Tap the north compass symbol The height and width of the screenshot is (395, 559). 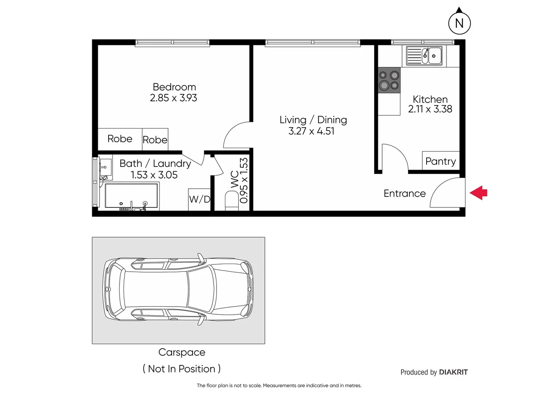tap(459, 23)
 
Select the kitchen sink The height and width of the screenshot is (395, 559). tap(424, 56)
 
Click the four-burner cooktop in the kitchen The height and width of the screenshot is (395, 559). tap(389, 80)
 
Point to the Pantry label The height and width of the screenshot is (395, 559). tap(440, 161)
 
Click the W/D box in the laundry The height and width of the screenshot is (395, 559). tap(199, 199)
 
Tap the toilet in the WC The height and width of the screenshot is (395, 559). tap(231, 201)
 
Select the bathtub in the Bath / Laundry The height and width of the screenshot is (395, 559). tap(131, 196)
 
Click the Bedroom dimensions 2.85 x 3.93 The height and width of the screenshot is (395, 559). tap(173, 98)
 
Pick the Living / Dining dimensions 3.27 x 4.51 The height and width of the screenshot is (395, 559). tap(311, 131)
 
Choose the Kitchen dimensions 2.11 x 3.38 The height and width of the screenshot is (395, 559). tap(430, 109)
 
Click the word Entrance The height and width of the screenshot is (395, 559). tap(405, 193)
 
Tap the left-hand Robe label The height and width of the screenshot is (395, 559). tap(120, 139)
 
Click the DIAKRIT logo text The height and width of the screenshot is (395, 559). tap(453, 372)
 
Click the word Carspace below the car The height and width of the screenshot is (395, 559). tap(182, 352)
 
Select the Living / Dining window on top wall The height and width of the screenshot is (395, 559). tap(313, 43)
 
